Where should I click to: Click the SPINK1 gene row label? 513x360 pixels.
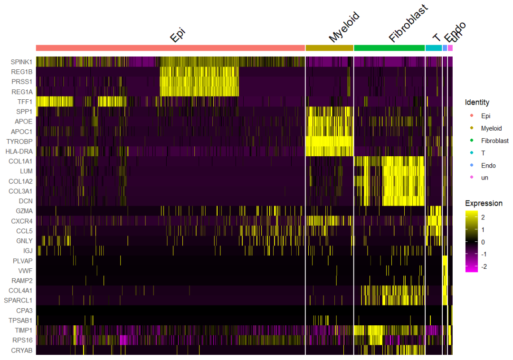21,62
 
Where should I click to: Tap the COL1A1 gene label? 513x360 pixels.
20,161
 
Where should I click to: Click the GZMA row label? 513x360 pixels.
24,211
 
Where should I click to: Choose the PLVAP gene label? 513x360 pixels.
23,261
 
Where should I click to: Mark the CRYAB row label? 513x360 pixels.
22,350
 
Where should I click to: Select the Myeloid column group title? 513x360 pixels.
343,28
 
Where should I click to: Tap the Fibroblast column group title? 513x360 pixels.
408,24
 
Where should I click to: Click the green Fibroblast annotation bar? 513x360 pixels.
389,48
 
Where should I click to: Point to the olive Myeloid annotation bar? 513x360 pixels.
329,48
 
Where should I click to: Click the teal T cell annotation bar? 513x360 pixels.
433,48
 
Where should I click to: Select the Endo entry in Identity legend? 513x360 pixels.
488,165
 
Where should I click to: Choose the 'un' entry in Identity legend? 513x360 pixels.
484,177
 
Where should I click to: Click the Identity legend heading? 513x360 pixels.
477,102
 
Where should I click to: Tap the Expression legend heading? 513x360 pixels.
484,203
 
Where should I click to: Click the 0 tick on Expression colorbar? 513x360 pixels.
483,242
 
